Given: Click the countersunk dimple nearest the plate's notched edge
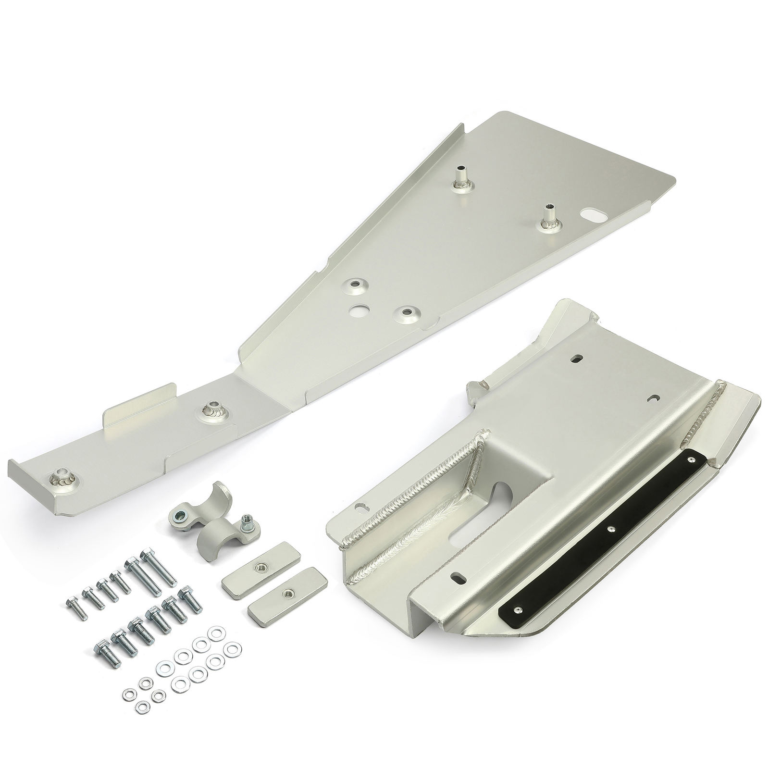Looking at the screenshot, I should (x=408, y=313).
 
